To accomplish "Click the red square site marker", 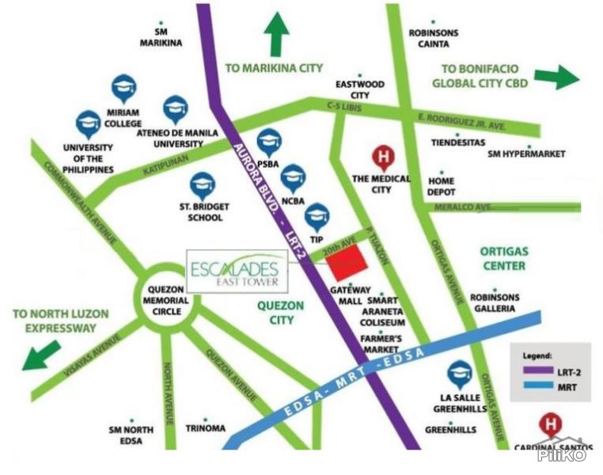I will (347, 262).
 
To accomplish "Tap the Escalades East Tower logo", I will (237, 272).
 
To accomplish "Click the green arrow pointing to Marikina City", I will (276, 34).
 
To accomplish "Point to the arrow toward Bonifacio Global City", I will (556, 77).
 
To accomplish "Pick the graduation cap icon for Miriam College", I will (123, 88).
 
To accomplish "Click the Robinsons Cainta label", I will (434, 38).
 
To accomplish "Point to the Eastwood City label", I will (360, 89).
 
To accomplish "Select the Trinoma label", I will (205, 428).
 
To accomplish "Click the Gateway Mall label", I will (349, 295).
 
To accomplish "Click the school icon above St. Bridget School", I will (202, 186).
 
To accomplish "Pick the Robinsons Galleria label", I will (495, 302).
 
